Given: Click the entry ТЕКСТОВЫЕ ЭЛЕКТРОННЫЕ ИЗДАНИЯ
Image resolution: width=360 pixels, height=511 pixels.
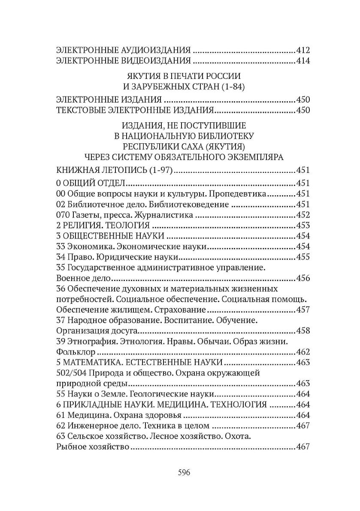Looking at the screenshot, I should [x=135, y=110].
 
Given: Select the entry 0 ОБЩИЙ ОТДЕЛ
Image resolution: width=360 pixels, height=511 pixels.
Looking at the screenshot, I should [x=91, y=184].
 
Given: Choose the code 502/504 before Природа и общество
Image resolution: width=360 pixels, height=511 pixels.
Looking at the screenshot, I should [x=71, y=372].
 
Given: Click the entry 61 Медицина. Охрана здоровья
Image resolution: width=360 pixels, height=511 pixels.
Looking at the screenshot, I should [x=120, y=414].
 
